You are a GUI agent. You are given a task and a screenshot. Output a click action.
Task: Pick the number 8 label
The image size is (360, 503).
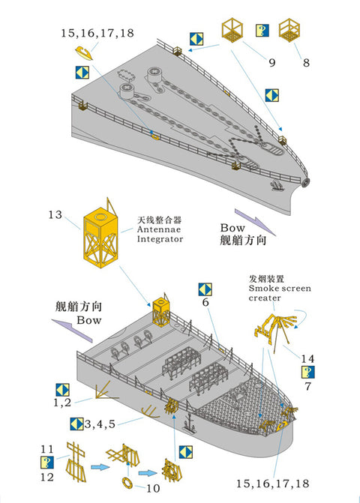pyautogui.click(x=306, y=64)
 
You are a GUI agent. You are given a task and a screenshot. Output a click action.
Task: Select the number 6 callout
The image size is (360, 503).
pyautogui.click(x=204, y=303)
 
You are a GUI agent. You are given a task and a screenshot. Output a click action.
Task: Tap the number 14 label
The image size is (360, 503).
pyautogui.click(x=308, y=358)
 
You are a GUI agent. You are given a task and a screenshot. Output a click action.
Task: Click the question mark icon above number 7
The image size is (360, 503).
pyautogui.click(x=307, y=372)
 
